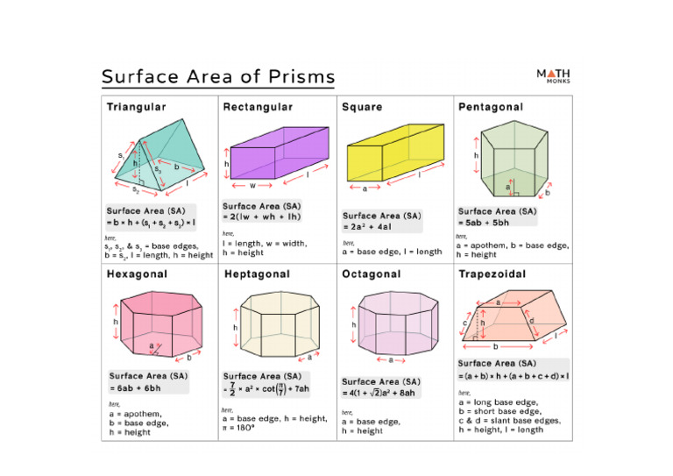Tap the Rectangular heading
pos(259,107)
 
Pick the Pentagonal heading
pos(491,107)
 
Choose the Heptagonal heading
pos(257,274)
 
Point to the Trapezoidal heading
pos(492,274)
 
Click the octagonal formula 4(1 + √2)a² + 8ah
pos(391,394)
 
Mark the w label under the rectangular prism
pos(251,185)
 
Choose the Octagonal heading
pos(372,274)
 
